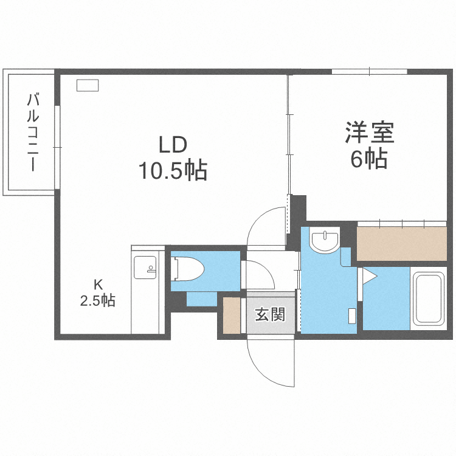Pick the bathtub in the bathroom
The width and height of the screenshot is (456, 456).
point(430,299)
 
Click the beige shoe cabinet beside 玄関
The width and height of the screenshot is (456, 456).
point(231,314)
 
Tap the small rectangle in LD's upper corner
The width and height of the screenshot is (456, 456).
point(88,86)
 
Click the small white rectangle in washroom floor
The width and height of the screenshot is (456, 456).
point(352,316)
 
